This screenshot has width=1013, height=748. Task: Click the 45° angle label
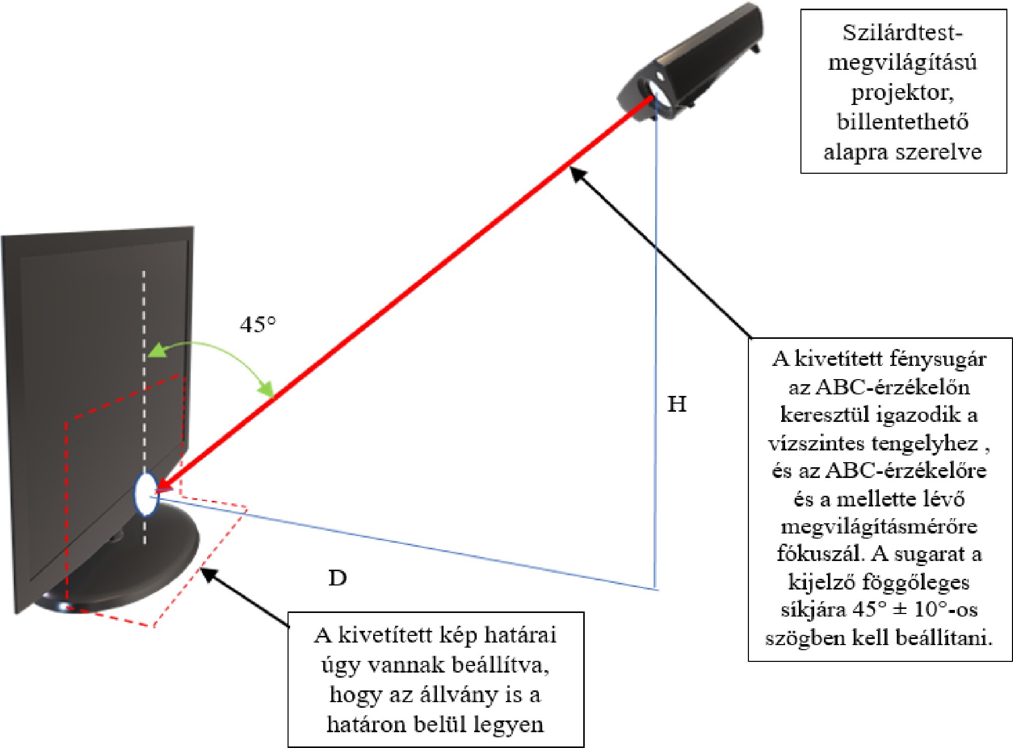coord(258,325)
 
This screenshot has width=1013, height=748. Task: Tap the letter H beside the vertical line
coord(677,405)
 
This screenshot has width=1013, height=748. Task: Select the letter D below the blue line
coord(337,578)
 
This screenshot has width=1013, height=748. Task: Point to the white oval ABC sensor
coord(146,494)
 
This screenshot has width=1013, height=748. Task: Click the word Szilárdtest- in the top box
coord(902,33)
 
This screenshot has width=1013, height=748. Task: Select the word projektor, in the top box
coord(902,93)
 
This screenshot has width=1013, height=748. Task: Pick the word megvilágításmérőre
coord(879,526)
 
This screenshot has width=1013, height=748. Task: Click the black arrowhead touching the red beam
coord(577,174)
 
